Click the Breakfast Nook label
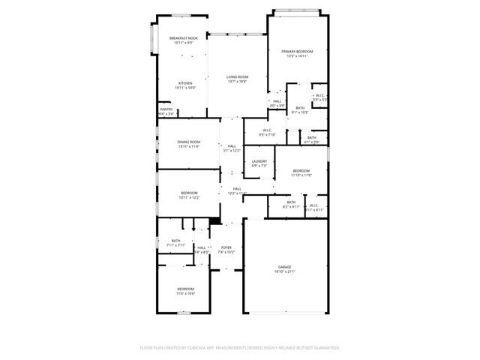pos(184,38)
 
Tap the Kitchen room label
pos(184,83)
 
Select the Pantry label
pos(166,109)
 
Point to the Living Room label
pos(238,76)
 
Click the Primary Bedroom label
pos(297,51)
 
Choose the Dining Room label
pos(188,142)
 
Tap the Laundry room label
pos(259,161)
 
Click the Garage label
pos(285,266)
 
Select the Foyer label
pos(226,247)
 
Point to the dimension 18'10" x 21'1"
pos(285,271)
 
